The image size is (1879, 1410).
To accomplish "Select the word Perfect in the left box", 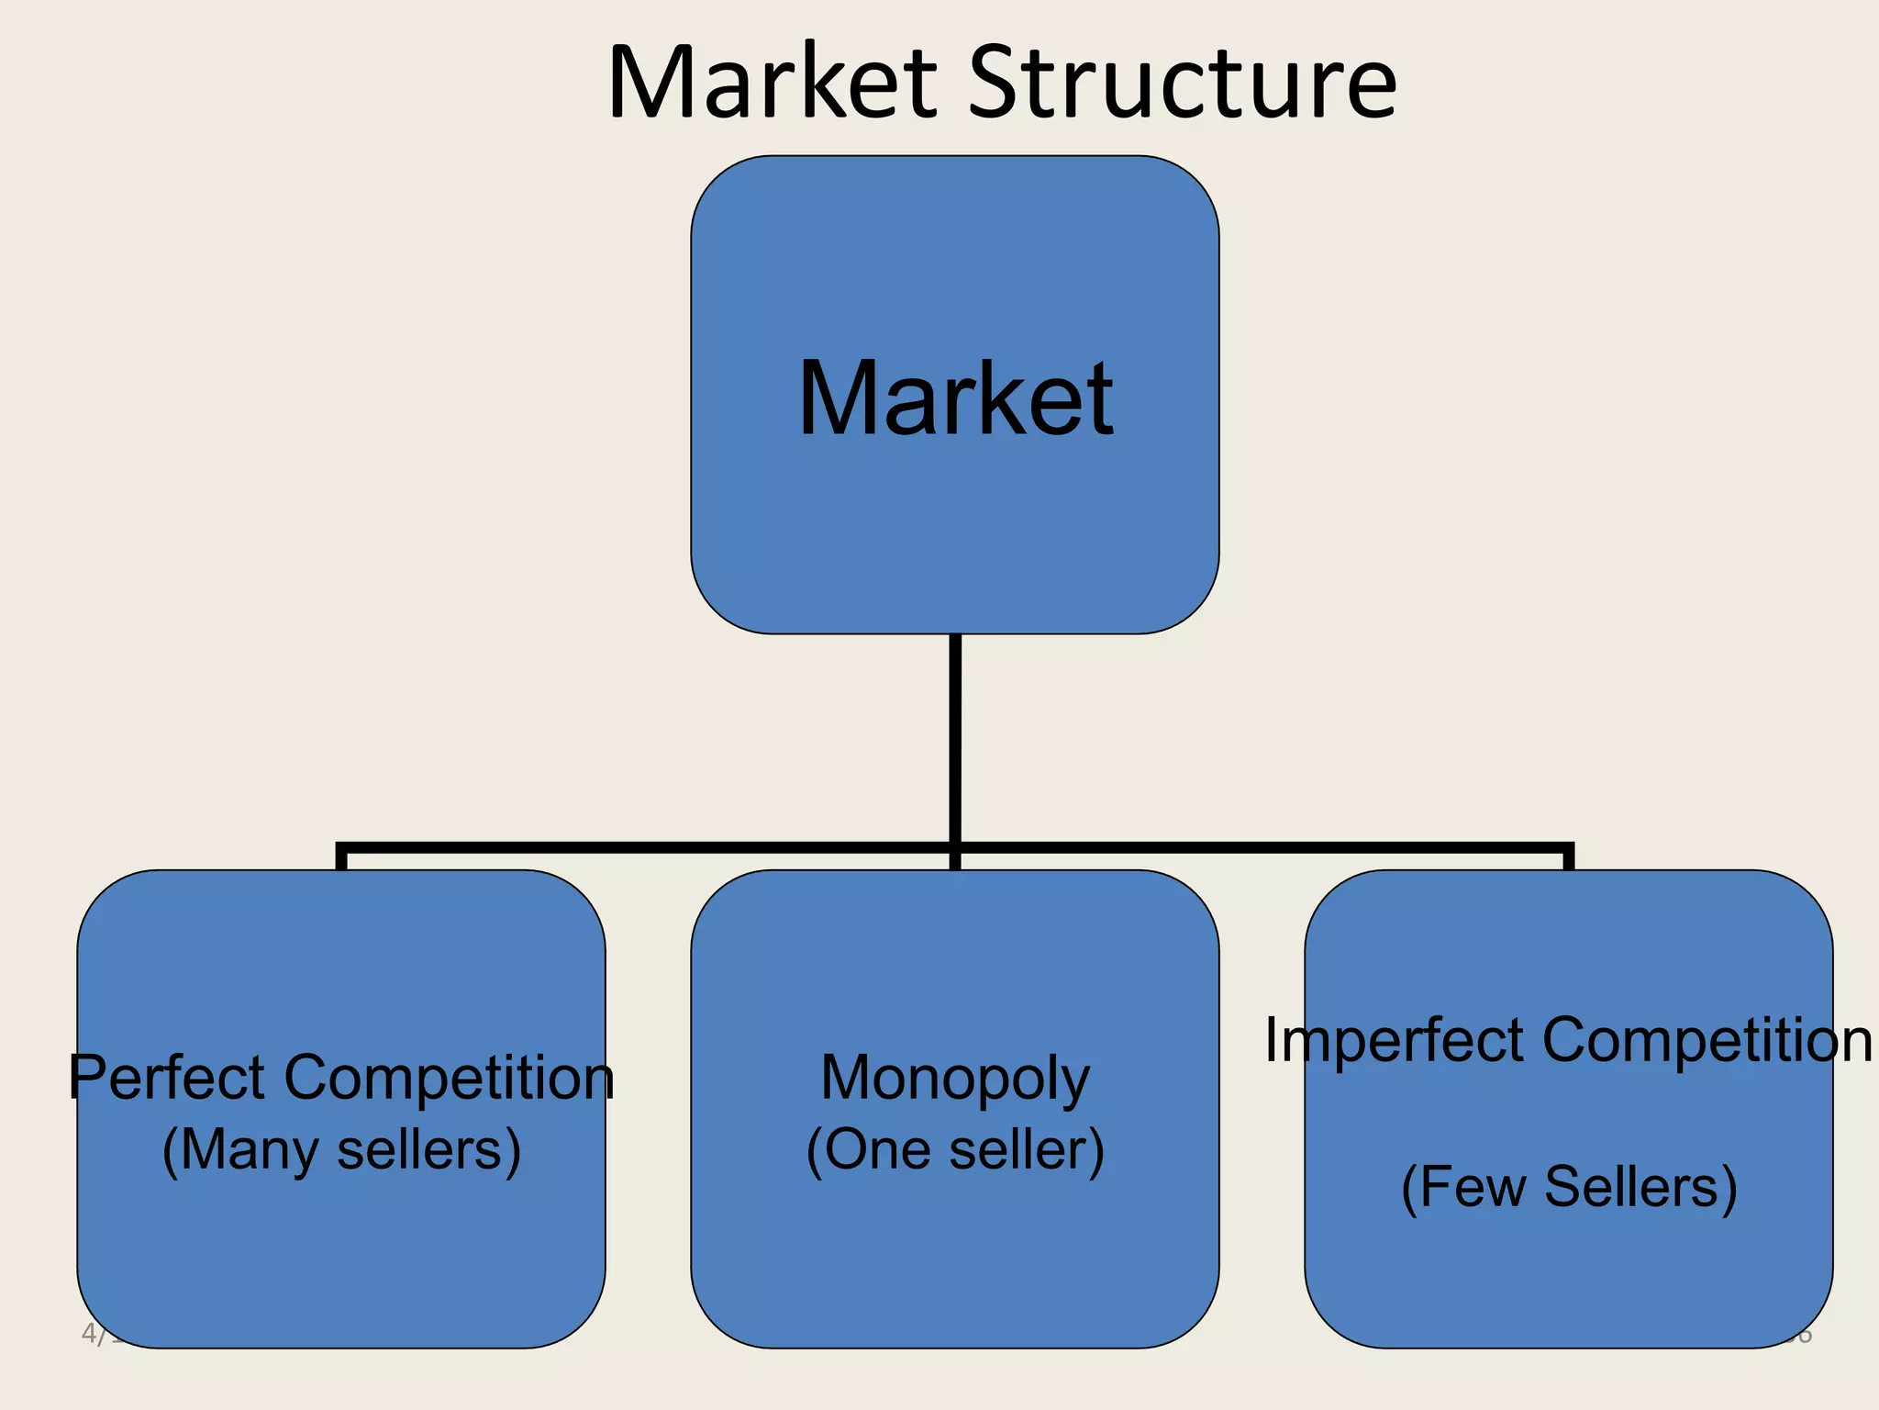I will (166, 1078).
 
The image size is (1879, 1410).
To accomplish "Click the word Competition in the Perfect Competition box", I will (449, 1078).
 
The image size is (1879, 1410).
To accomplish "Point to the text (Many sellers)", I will (341, 1150).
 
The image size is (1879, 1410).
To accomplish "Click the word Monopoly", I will (955, 1078).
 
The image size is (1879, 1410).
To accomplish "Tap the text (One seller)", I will (955, 1150).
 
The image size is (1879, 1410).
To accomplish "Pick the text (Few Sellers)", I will (1569, 1187).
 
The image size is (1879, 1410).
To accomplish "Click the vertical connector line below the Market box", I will (955, 734).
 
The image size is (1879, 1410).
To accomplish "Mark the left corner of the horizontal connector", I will (341, 848).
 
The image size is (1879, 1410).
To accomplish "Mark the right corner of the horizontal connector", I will (1569, 848).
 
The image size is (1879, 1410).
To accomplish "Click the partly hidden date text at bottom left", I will (99, 1334).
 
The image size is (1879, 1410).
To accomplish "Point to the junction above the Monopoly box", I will (955, 848).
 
